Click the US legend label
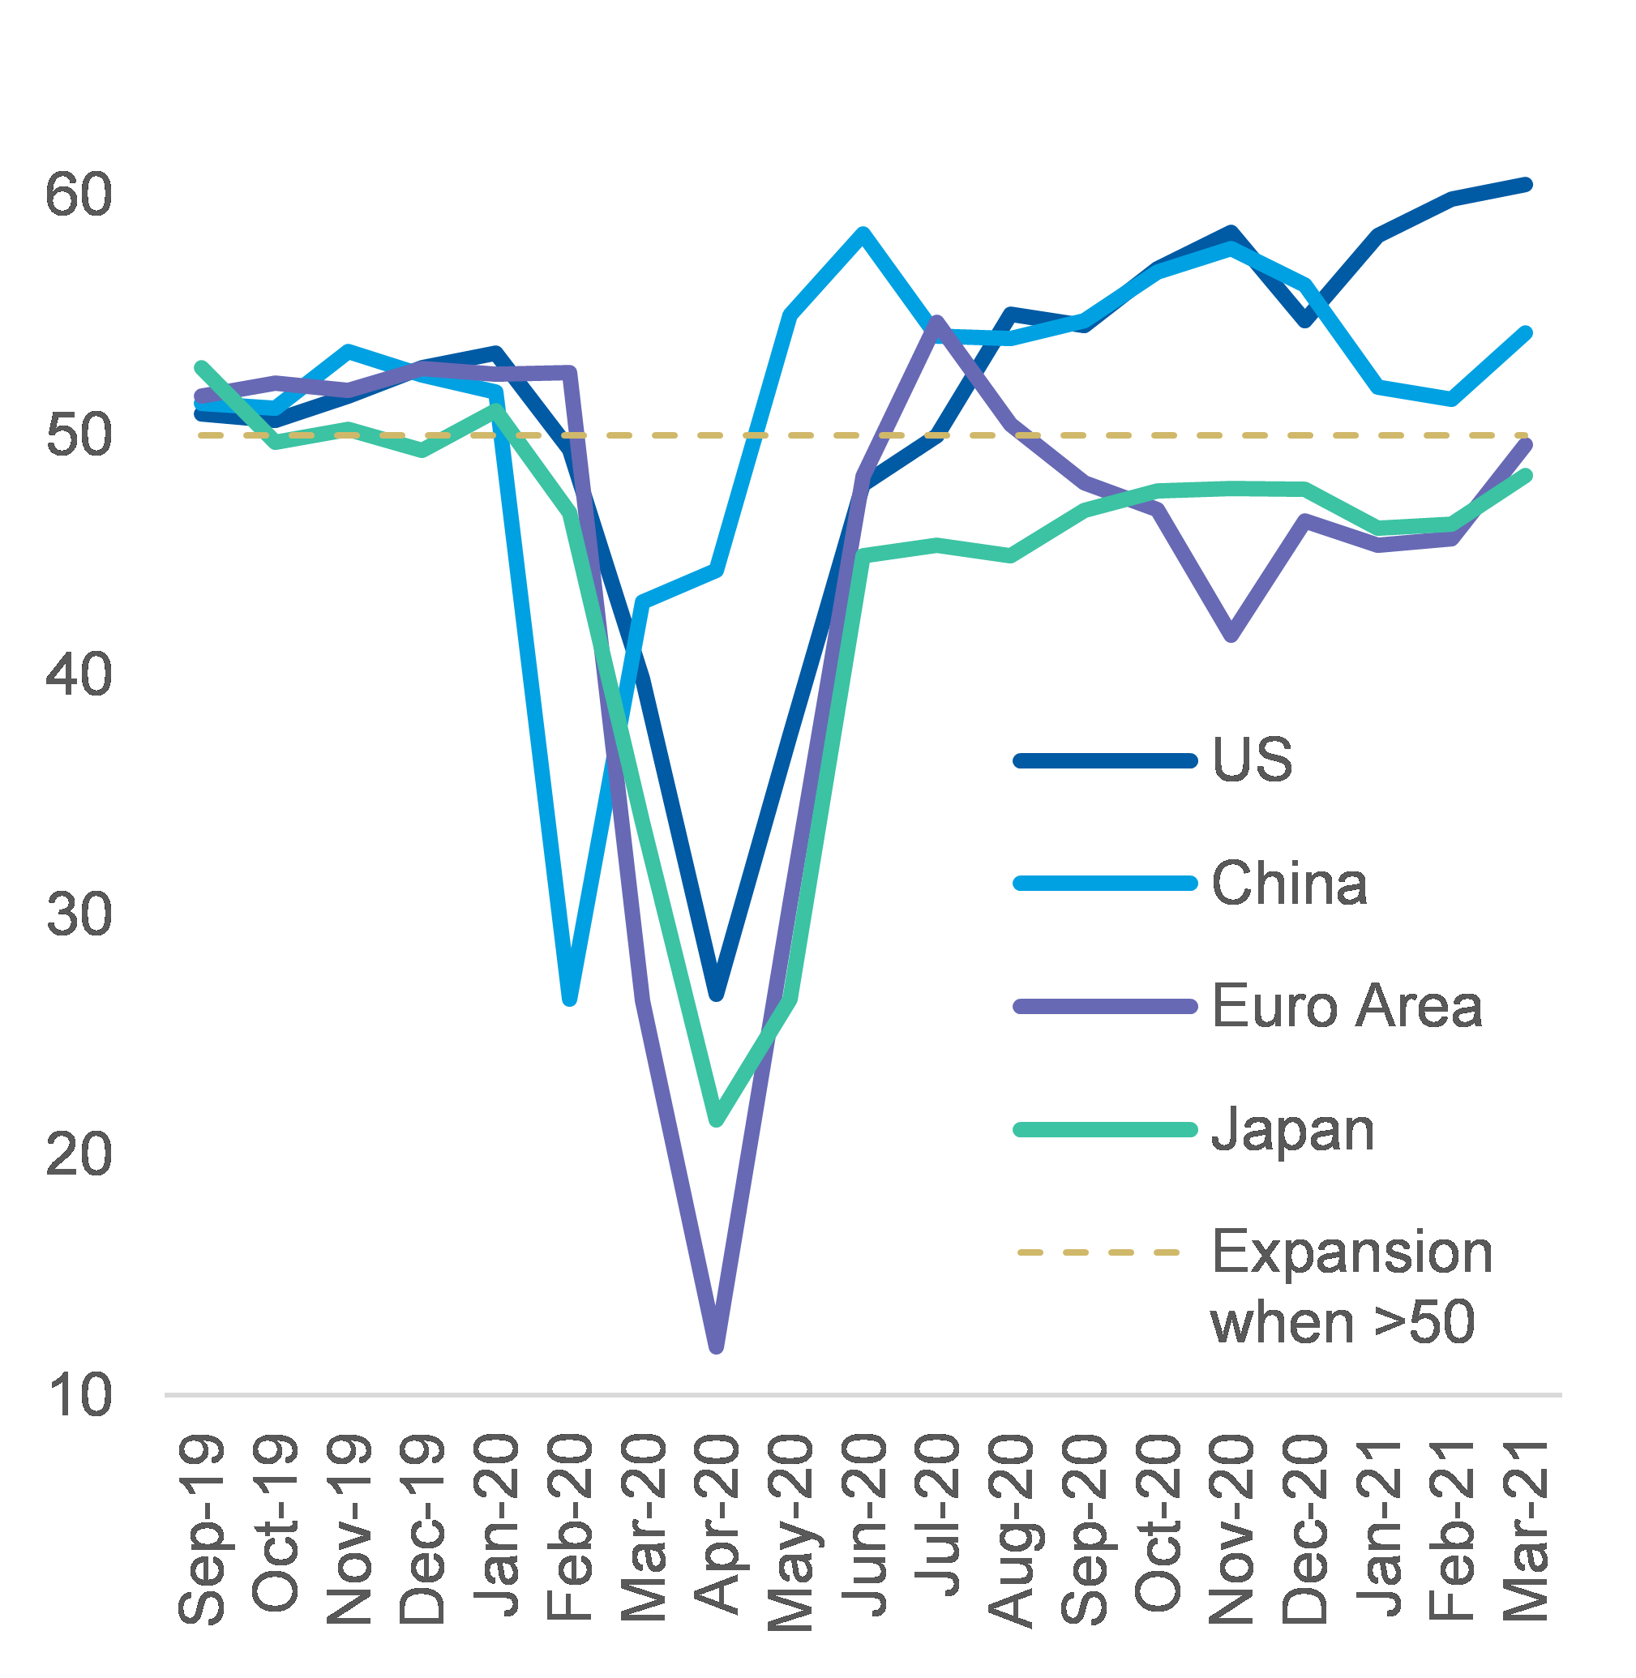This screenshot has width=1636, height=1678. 1252,760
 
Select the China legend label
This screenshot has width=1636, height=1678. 1289,884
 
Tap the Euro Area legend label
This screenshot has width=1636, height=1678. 1347,1006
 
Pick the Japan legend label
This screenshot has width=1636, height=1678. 1292,1130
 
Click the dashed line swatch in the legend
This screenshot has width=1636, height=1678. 1099,1252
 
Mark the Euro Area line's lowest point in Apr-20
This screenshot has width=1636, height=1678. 717,1346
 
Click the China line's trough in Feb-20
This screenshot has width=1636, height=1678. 570,999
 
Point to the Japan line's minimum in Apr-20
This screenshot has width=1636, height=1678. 717,1119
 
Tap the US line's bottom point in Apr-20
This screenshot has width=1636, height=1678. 717,994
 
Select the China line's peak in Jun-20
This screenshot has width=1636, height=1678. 863,233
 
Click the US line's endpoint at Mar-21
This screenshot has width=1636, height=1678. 1526,185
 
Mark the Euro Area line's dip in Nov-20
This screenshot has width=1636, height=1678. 1231,636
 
